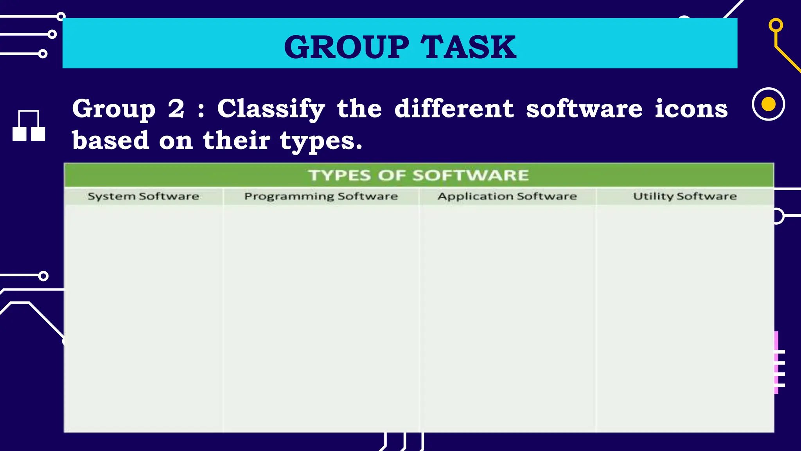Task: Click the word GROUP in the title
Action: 347,47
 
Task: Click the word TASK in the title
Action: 468,47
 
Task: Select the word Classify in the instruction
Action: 271,109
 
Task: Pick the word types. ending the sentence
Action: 321,141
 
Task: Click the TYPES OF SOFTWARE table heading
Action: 418,175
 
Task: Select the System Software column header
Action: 143,196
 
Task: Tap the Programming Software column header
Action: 321,196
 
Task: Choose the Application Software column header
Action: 507,196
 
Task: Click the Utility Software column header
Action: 684,196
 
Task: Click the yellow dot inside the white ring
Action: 768,104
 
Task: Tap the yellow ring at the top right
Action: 776,25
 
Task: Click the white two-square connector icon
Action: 29,126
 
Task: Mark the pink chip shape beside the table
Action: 776,362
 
